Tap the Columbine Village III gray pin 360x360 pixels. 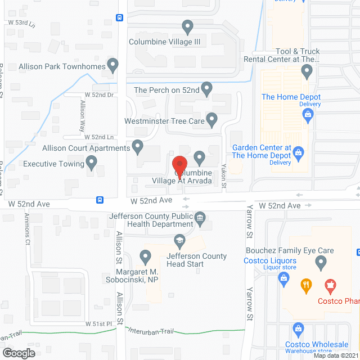(x=188, y=26)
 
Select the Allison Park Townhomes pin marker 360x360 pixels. (x=113, y=65)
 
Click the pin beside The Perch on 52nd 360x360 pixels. (x=206, y=88)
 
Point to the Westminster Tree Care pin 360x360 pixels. (x=211, y=119)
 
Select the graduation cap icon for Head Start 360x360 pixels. (x=179, y=241)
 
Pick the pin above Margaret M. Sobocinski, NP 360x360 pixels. (x=146, y=257)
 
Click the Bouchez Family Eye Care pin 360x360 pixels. (x=321, y=262)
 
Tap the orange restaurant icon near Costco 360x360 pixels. (x=307, y=285)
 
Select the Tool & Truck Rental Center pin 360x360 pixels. (x=307, y=71)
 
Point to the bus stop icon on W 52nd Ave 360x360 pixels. (x=100, y=199)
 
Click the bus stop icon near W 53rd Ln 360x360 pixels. (x=120, y=17)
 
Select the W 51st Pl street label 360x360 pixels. (x=99, y=325)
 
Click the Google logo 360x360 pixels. (x=18, y=353)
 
